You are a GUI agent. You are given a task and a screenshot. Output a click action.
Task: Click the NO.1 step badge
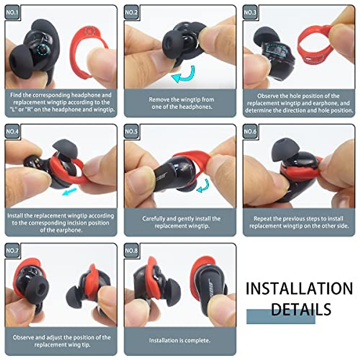(x=12, y=13)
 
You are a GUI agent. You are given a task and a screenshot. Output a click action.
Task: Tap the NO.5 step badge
(x=131, y=131)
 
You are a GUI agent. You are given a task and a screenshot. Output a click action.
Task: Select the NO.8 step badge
(x=131, y=250)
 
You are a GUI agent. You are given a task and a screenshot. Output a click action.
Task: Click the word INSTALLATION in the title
(x=299, y=289)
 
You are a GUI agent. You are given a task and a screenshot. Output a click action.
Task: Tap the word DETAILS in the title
(x=301, y=309)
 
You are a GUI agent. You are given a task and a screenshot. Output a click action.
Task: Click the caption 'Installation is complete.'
(x=180, y=340)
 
